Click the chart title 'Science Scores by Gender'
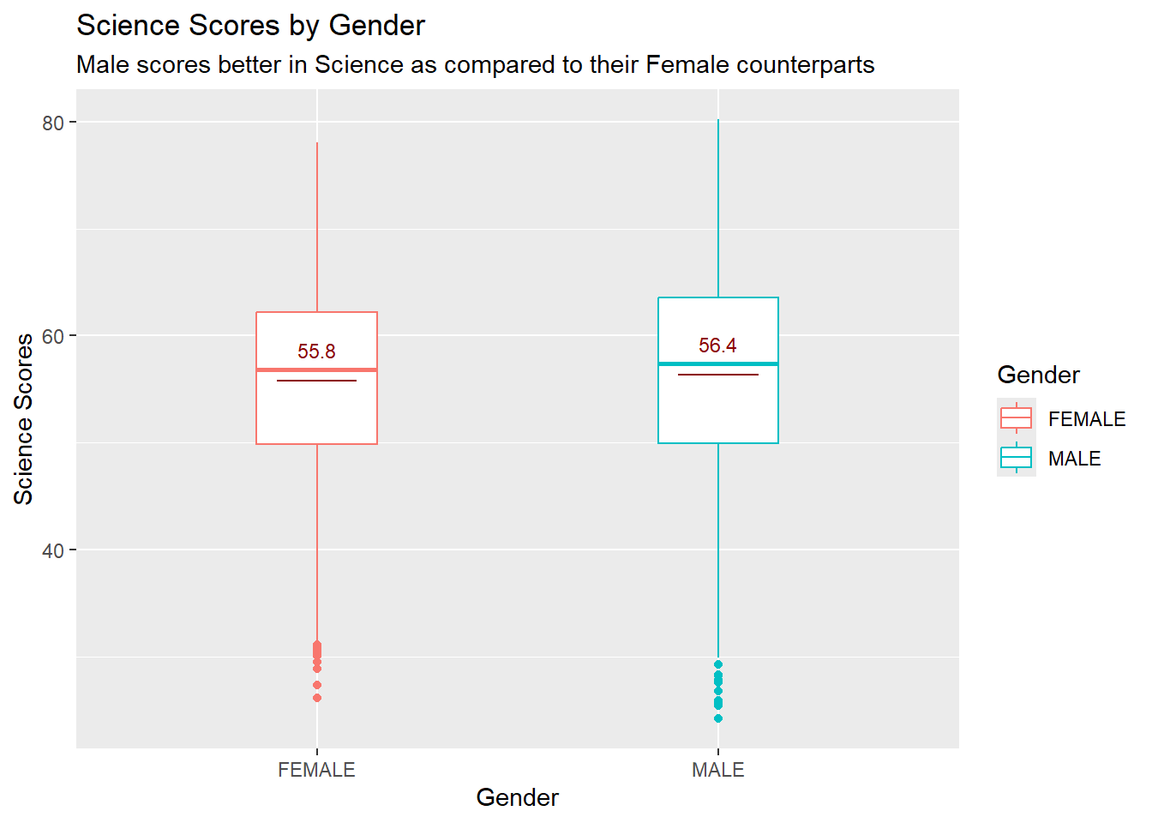click(x=250, y=26)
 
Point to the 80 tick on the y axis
click(x=53, y=123)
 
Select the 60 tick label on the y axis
click(x=53, y=336)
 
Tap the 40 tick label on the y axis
click(x=53, y=550)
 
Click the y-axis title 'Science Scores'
click(x=24, y=418)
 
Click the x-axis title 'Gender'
click(x=517, y=797)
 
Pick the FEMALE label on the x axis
click(x=316, y=770)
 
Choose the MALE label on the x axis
click(x=717, y=770)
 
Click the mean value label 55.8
click(x=316, y=351)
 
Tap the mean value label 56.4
click(x=717, y=345)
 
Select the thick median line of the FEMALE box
click(x=316, y=369)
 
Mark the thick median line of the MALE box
click(x=717, y=363)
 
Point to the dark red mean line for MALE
click(x=717, y=375)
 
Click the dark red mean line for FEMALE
click(x=316, y=381)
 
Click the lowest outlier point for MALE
click(x=718, y=718)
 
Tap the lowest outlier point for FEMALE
click(x=317, y=698)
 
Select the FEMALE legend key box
click(x=1016, y=418)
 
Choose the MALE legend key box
click(x=1016, y=458)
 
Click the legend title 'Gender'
click(x=1038, y=375)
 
